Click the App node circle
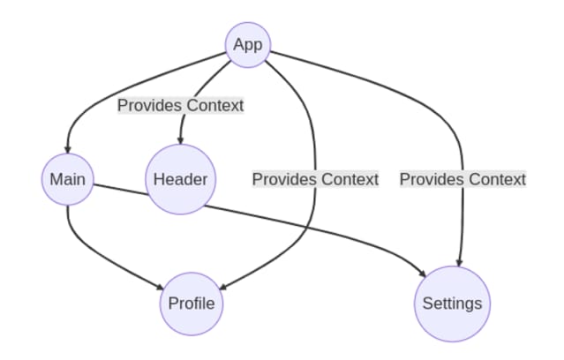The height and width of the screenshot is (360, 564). [x=248, y=45]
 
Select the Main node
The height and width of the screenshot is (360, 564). [x=67, y=180]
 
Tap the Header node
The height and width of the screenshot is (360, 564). [x=180, y=180]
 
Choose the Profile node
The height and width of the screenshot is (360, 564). [x=192, y=304]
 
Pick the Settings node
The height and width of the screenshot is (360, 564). [x=452, y=304]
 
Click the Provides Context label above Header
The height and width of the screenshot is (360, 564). [x=180, y=105]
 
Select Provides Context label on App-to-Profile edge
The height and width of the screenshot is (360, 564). [x=315, y=180]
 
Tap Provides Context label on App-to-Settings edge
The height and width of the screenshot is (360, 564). [x=462, y=180]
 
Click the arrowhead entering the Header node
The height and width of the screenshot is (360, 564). [x=180, y=141]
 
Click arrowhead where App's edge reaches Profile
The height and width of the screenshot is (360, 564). [x=222, y=289]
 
